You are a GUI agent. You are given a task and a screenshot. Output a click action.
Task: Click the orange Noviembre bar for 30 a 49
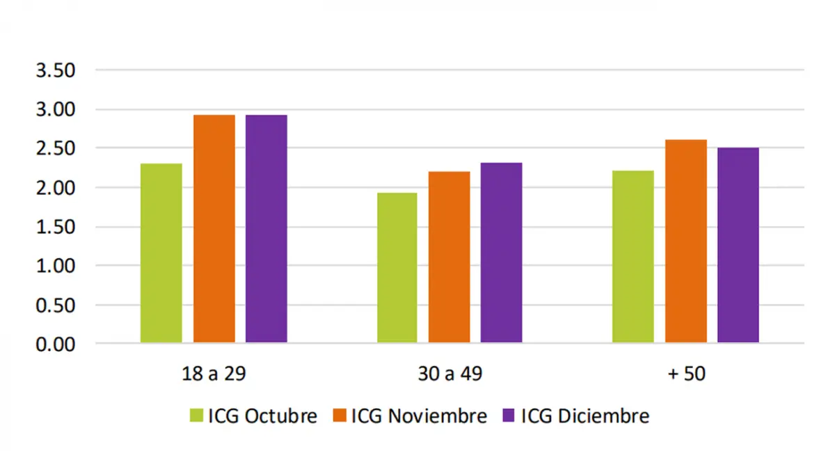click(449, 257)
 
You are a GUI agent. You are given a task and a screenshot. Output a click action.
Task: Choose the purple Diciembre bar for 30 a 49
click(501, 253)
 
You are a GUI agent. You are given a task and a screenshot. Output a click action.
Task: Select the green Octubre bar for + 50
click(633, 256)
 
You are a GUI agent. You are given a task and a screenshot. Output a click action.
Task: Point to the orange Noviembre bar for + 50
click(685, 241)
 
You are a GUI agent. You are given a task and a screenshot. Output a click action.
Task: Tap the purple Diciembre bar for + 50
click(738, 245)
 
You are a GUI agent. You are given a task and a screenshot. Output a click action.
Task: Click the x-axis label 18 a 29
click(212, 374)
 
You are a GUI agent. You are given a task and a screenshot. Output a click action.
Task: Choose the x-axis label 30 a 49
click(448, 374)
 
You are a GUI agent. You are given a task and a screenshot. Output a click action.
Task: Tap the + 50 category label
click(686, 374)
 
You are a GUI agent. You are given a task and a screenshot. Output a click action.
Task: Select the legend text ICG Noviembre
click(419, 416)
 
